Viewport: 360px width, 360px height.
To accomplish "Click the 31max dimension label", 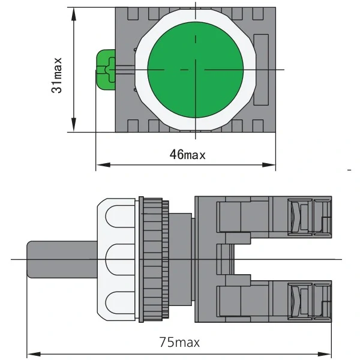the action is [x=56, y=76].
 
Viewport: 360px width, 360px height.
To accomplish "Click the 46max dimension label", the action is [x=187, y=154].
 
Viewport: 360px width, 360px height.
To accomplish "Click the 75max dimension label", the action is [x=179, y=343].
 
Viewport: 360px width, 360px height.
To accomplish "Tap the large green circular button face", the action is [x=196, y=70].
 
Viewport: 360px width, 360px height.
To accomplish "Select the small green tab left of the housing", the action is [x=106, y=70].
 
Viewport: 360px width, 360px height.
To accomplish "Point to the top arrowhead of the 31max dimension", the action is [x=73, y=14].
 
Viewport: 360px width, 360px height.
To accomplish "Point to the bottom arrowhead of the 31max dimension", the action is [x=73, y=125].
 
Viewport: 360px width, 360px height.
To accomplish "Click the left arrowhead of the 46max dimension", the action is [x=103, y=165].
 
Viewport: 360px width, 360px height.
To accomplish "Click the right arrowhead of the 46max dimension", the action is [x=269, y=165].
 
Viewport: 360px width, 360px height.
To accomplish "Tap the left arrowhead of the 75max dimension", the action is [x=34, y=354].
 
